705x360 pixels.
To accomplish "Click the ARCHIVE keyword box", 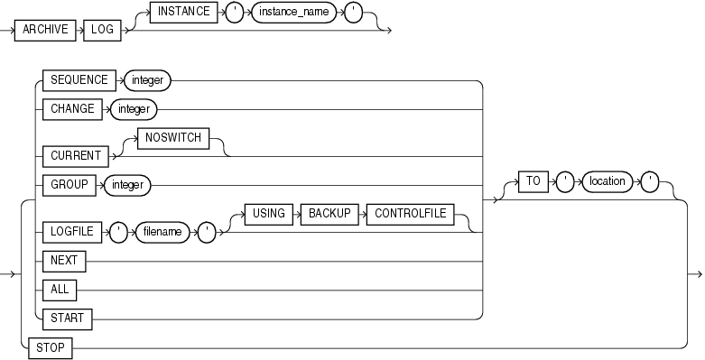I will [52, 30].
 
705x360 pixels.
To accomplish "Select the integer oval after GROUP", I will [128, 186].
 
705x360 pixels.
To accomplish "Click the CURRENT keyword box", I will [73, 154].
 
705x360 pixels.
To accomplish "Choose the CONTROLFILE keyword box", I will [408, 217].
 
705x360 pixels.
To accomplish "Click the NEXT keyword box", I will [63, 262].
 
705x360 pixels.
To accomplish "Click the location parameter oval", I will [607, 180].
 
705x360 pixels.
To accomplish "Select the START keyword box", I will [66, 317].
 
